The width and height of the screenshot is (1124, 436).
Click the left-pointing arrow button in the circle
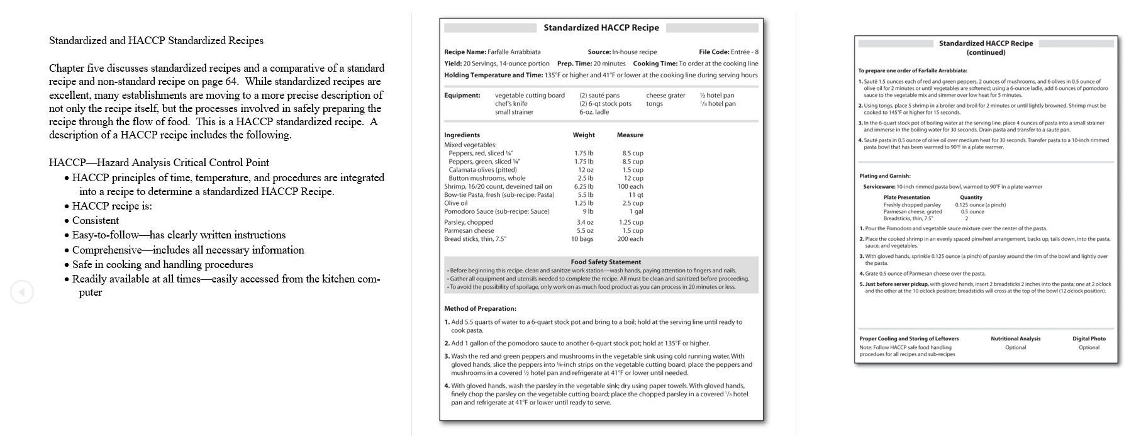[x=22, y=292]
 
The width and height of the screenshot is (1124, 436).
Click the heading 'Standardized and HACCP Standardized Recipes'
[x=156, y=41]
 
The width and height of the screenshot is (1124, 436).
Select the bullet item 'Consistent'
[x=95, y=221]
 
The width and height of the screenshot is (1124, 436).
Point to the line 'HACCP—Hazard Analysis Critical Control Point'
[x=159, y=163]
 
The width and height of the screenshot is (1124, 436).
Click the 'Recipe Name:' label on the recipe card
[x=465, y=52]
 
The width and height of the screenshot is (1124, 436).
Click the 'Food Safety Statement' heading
[x=606, y=262]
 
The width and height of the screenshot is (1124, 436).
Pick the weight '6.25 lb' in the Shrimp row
[x=583, y=187]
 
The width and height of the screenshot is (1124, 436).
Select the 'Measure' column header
[x=630, y=135]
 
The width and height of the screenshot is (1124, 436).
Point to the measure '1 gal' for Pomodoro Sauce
[x=636, y=211]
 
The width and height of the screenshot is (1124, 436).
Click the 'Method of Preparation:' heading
[x=480, y=309]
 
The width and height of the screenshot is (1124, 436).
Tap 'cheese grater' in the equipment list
[x=665, y=96]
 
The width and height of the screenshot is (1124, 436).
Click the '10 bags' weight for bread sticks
[x=582, y=239]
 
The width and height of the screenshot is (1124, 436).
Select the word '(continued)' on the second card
[x=986, y=53]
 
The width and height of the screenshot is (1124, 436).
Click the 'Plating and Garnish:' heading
[x=884, y=176]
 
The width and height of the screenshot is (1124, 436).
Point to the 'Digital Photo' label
[x=1089, y=338]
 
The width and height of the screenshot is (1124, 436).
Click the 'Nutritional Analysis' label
[x=1015, y=338]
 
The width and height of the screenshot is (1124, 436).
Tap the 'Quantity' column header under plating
[x=971, y=198]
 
